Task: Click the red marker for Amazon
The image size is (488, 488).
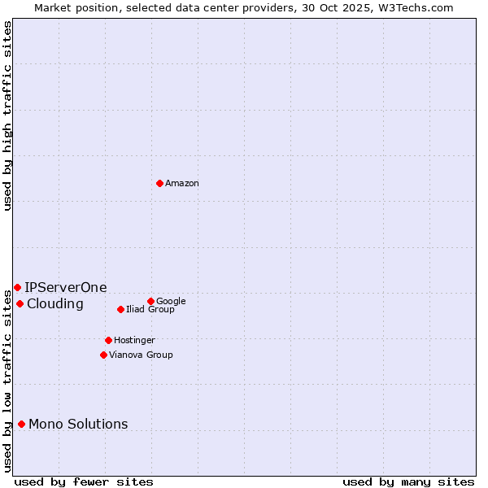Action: (159, 183)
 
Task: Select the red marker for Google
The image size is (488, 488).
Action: (150, 301)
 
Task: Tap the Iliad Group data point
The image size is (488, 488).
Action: (120, 309)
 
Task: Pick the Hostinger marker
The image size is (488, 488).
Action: (108, 340)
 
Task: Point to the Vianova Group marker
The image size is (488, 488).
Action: (103, 355)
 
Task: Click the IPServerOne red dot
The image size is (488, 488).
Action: (17, 287)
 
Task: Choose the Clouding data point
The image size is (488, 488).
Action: (20, 303)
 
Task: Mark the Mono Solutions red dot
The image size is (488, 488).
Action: (21, 424)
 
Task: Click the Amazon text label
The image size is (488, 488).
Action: (182, 184)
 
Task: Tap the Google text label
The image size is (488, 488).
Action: (171, 302)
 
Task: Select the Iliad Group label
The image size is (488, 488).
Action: (150, 310)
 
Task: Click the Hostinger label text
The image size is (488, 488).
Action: (134, 341)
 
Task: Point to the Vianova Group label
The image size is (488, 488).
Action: (141, 355)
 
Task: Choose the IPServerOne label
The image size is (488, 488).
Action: (66, 288)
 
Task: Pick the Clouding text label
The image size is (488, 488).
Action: (55, 304)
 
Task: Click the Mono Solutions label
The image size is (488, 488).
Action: (78, 425)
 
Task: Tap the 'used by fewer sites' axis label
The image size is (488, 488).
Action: (84, 481)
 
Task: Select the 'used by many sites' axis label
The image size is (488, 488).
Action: (408, 481)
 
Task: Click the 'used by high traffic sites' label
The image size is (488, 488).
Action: (8, 116)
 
